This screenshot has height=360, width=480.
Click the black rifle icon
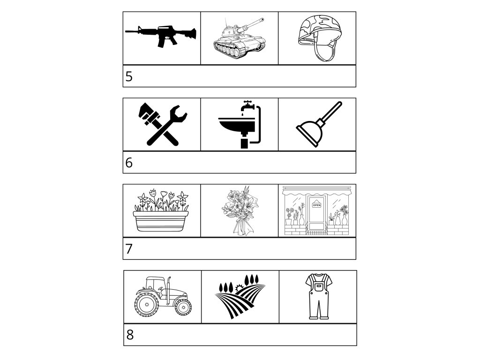[161, 36]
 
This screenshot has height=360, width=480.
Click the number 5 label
[129, 76]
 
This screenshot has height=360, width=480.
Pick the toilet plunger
[318, 124]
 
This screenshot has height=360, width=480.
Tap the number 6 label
[129, 163]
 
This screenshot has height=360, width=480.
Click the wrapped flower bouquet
[240, 210]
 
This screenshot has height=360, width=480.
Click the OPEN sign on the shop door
[316, 205]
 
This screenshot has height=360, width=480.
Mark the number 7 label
[129, 249]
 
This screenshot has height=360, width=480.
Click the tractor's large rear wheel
[147, 305]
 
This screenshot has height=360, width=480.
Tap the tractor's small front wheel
[183, 307]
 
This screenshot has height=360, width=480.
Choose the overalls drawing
[319, 296]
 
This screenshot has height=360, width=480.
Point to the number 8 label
[130, 335]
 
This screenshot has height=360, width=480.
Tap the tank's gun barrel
[251, 23]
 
